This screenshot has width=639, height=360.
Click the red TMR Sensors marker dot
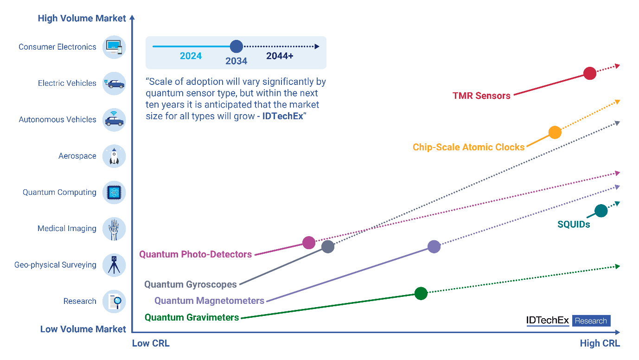[590, 73]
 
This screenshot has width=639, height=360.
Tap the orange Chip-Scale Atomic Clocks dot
[555, 133]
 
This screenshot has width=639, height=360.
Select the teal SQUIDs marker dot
[601, 211]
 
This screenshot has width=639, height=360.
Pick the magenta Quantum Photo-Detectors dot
[309, 243]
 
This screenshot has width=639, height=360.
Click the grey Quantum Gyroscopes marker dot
[328, 247]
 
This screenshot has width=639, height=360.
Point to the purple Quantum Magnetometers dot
[434, 247]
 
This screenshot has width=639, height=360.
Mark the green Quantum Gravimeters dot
[421, 294]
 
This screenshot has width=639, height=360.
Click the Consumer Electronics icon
[114, 47]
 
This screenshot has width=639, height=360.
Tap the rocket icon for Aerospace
[114, 156]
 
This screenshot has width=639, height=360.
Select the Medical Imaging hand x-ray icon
[114, 229]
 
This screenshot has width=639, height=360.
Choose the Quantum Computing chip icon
[114, 193]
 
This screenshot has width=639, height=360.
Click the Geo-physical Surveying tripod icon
[114, 265]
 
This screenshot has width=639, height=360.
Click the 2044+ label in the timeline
[280, 56]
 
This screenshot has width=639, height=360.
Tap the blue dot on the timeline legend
[236, 46]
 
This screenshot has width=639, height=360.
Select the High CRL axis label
[600, 343]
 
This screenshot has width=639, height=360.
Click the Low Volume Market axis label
[83, 329]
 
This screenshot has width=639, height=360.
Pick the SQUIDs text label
[574, 225]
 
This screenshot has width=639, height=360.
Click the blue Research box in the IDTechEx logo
[591, 321]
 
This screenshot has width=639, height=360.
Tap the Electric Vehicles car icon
[114, 84]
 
